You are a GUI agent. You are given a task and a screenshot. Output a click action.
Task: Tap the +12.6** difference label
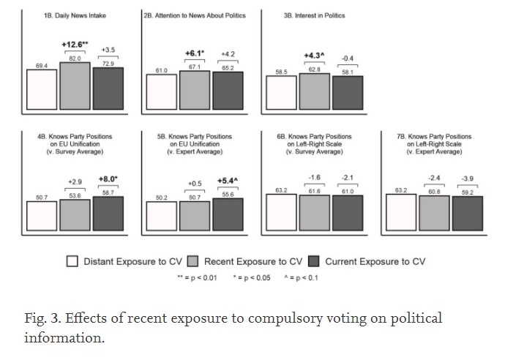tap(75, 44)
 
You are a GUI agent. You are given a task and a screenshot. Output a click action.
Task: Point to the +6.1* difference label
tap(194, 54)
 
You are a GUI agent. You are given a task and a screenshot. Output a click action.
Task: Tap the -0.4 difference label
tap(348, 58)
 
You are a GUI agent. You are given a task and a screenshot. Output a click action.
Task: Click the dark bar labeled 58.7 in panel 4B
tap(108, 213)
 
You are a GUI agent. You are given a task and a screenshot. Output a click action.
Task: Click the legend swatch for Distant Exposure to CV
tap(72, 261)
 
